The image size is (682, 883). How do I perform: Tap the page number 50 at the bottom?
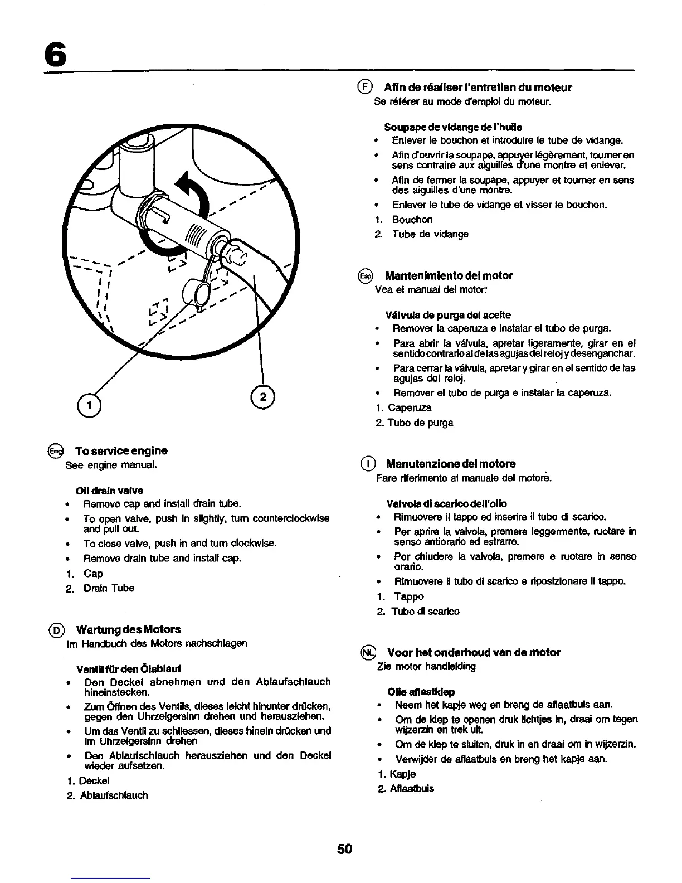click(344, 849)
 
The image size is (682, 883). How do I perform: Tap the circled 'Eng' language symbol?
click(56, 450)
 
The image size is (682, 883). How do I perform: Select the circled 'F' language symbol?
click(364, 87)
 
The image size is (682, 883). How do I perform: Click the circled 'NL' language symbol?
click(368, 652)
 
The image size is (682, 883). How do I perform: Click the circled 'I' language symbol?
click(367, 464)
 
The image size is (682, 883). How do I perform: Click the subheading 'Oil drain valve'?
click(109, 491)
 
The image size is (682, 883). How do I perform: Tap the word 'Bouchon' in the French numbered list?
click(412, 220)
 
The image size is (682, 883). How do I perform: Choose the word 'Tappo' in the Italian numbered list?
click(409, 596)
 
